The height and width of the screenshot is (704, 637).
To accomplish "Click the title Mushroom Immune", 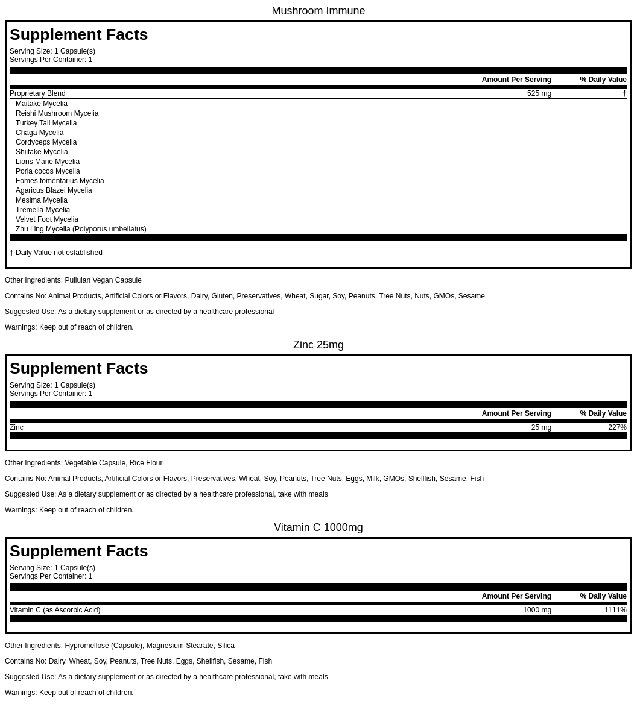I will coord(318,11).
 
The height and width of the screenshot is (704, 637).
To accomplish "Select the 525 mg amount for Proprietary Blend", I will coord(539,93).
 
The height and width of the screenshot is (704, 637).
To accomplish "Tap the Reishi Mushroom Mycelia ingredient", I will coord(57,113).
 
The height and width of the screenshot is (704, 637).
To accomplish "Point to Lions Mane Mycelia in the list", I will coord(48,162).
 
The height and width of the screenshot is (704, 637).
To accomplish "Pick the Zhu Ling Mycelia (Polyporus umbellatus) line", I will coord(81,229).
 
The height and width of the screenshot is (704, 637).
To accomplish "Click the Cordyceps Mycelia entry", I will coord(46,142).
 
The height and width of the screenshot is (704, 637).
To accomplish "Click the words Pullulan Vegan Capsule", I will coord(103,280).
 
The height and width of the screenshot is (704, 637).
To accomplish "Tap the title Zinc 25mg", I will coord(318,345).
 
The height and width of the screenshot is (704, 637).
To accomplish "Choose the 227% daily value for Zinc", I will coord(617,427).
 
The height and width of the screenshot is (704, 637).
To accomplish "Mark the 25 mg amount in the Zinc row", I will coord(541,427).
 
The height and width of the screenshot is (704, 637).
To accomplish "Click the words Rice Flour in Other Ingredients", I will coord(146,463).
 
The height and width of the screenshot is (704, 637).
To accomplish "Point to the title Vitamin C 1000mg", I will coord(318,527).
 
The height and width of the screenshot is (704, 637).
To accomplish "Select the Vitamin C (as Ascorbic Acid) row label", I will coord(55,610).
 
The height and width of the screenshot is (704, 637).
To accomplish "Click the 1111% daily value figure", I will coord(615,610).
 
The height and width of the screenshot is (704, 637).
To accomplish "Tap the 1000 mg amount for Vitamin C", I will coord(537,610).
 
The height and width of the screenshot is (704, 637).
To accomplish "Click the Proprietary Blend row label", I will coord(37,93).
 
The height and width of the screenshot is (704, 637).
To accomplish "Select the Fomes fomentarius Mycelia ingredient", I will coord(60,181).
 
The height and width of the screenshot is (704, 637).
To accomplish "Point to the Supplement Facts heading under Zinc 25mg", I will coord(78,368).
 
